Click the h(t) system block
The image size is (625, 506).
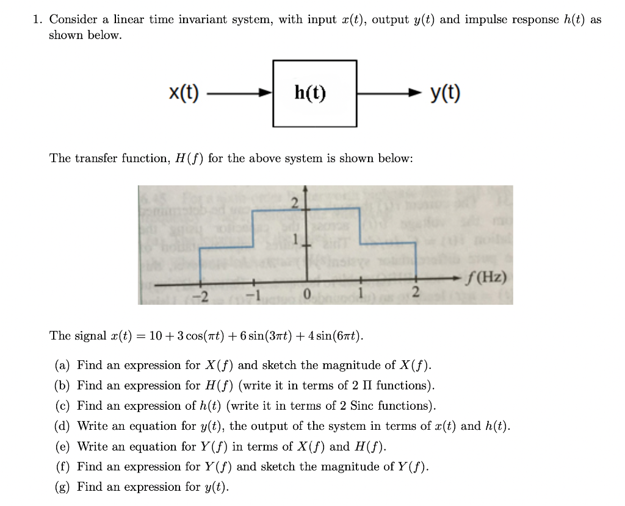click(314, 93)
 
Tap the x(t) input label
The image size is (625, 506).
click(184, 93)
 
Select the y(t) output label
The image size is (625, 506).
click(446, 93)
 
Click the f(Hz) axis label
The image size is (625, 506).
click(485, 278)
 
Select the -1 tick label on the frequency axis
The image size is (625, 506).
click(253, 296)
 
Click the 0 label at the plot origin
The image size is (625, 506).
click(308, 296)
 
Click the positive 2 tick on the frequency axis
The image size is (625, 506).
click(416, 296)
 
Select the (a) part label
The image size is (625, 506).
click(62, 366)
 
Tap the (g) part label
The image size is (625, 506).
click(62, 487)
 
